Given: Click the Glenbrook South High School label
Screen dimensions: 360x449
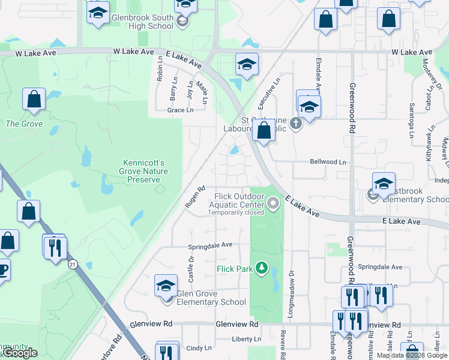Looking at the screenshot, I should point(142,22).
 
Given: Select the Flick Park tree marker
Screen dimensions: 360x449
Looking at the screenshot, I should point(261,267).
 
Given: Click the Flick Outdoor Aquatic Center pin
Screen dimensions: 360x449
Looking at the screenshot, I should point(274,205).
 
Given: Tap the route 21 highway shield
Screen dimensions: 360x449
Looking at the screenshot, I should point(73,264).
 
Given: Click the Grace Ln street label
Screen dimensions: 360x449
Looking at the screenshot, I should point(180,110).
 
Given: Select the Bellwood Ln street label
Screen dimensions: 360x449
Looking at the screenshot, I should point(328,162).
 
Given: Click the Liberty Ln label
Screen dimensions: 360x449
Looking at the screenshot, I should point(247,340).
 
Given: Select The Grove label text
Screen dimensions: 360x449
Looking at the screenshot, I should point(16,124).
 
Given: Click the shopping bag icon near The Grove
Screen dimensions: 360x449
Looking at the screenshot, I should point(34,100).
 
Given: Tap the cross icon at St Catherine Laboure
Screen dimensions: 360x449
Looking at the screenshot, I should point(295,124).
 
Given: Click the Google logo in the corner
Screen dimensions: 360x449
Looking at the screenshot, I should point(21,353).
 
